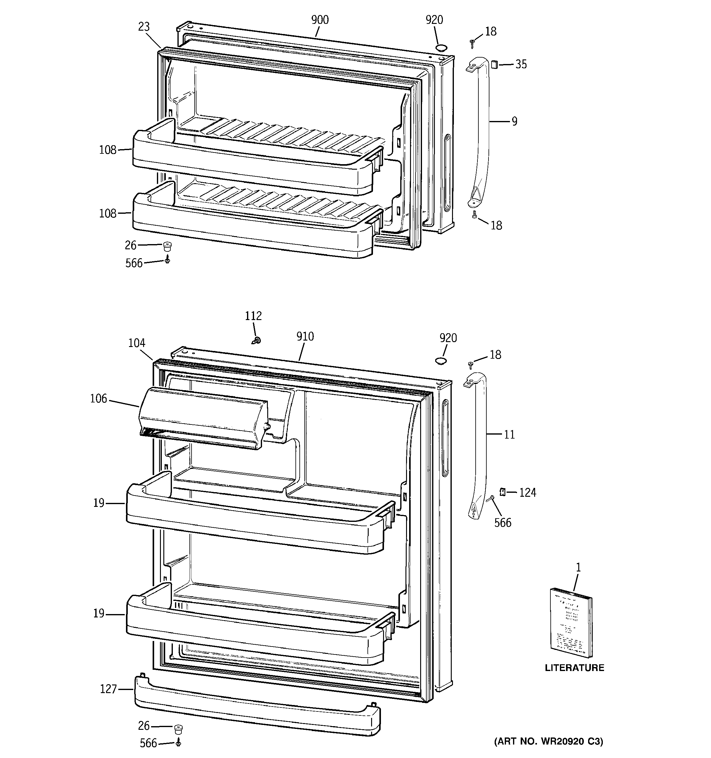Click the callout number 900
pos(320,20)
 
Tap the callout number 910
pos(305,336)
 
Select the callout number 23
pos(144,27)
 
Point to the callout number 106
pos(98,399)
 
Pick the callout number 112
pos(253,316)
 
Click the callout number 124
pos(527,493)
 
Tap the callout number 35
pos(521,64)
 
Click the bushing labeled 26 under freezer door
pos(167,246)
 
